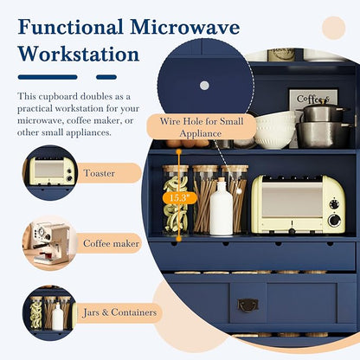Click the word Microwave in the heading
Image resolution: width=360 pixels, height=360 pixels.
[185, 27]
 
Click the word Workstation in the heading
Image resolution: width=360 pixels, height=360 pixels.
[79, 55]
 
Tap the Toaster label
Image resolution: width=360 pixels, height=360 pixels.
[100, 173]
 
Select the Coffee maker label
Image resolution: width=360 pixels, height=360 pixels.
[111, 243]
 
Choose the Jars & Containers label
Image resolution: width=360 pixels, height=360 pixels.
[119, 312]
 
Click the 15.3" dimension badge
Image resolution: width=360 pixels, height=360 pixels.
[179, 198]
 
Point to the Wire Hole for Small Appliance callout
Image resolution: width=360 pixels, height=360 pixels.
[202, 127]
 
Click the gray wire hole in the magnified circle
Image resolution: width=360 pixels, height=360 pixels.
[204, 86]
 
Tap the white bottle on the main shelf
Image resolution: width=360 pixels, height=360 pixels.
[222, 207]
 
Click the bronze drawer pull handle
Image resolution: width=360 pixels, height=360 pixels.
[247, 305]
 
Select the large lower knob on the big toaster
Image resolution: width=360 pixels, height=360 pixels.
[334, 221]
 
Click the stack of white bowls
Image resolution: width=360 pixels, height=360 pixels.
[275, 130]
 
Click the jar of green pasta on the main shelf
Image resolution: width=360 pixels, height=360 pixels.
[176, 200]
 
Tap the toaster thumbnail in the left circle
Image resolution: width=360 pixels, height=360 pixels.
[50, 172]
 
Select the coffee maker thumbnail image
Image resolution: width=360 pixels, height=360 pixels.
[50, 243]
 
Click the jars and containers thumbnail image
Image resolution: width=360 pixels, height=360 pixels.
[49, 313]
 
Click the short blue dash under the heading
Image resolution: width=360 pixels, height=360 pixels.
[106, 77]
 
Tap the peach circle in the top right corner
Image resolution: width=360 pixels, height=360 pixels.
[334, 28]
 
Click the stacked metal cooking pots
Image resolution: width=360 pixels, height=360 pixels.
[324, 125]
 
